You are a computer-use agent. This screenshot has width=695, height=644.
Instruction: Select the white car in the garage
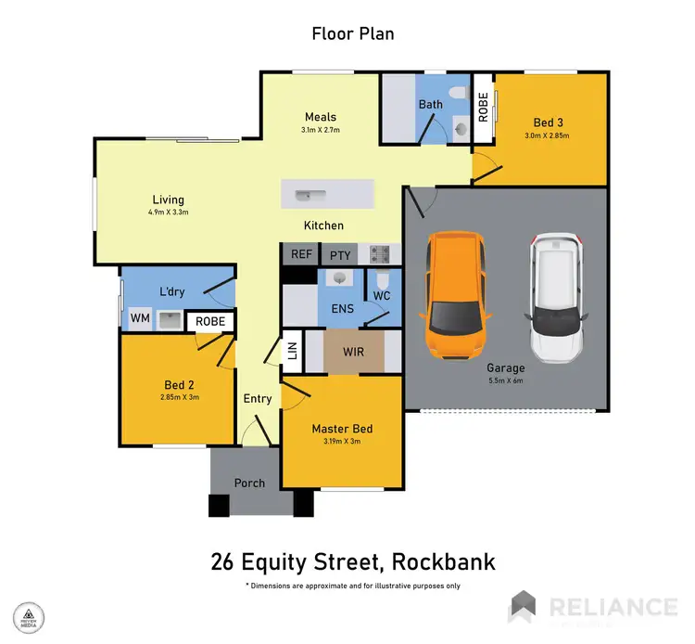[558, 297]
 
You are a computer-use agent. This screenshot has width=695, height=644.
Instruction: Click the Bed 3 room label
[548, 122]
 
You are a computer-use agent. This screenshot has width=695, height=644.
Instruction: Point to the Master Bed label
[342, 428]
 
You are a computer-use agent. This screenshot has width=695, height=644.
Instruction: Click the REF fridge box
[300, 253]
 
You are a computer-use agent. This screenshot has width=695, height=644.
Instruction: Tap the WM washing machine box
[139, 319]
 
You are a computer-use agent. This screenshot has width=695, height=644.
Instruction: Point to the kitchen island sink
[303, 196]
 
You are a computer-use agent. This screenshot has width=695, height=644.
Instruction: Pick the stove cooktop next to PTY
[378, 253]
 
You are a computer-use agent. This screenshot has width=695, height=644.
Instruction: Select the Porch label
[249, 483]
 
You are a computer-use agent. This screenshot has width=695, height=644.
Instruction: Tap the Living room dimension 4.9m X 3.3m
[169, 213]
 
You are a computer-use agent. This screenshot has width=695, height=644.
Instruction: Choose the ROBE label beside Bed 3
[484, 109]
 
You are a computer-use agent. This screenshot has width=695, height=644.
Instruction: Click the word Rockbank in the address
[443, 561]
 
